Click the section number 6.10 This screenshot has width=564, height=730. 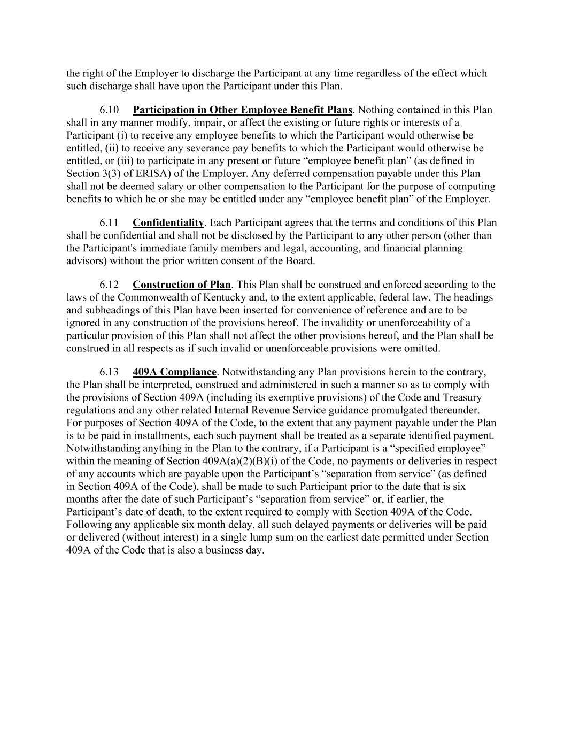(109, 110)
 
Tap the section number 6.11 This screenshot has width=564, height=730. (109, 223)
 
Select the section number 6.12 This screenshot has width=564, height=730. (109, 285)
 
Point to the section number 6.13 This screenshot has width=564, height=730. (109, 372)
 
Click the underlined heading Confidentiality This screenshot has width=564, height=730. (168, 223)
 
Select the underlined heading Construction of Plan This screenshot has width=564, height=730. (182, 285)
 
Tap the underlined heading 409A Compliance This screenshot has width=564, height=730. (174, 372)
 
